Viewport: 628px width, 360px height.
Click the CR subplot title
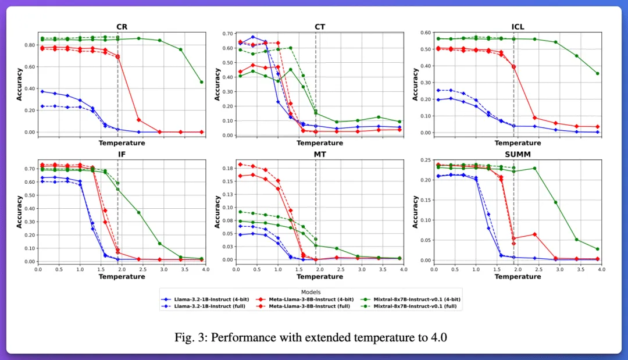coord(122,26)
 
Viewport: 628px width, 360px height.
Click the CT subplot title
coord(320,26)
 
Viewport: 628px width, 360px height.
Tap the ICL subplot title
coord(518,26)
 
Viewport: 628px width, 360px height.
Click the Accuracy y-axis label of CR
coord(19,84)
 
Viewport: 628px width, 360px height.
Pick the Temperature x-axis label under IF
coord(122,277)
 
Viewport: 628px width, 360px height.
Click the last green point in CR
coord(201,82)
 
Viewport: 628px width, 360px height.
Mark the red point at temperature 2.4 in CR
coord(138,120)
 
